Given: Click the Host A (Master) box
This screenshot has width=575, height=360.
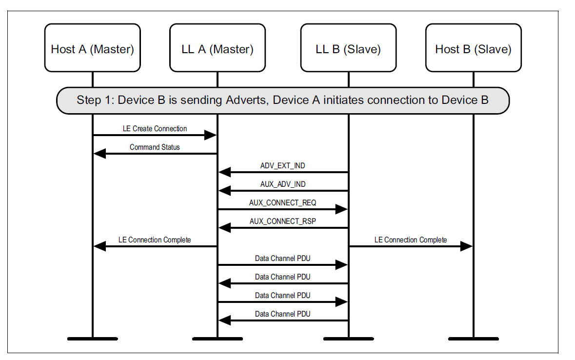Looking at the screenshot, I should (92, 49).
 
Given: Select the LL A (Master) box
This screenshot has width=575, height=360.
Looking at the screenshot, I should (218, 49).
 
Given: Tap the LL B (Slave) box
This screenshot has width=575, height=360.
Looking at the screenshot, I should (348, 49).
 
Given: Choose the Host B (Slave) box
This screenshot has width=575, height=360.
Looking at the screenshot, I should (473, 49).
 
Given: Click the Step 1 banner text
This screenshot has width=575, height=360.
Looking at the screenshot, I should (283, 100).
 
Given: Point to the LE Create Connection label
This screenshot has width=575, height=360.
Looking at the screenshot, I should (155, 129).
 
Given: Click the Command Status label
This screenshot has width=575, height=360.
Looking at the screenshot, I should (155, 147).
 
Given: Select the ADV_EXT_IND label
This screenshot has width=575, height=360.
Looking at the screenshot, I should (283, 166).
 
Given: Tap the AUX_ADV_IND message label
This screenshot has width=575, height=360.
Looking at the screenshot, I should (283, 184).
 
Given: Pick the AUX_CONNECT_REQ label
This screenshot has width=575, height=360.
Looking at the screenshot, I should (283, 203).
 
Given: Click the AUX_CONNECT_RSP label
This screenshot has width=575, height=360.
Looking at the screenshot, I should (283, 221).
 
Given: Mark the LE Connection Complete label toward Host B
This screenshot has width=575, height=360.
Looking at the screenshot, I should (411, 240).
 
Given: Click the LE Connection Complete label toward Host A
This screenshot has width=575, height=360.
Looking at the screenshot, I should (155, 240).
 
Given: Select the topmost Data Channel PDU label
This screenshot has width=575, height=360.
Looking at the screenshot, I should (283, 259).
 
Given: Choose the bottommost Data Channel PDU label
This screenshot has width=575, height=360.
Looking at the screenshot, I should (283, 314).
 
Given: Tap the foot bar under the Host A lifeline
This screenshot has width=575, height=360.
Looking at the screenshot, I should (92, 338).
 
